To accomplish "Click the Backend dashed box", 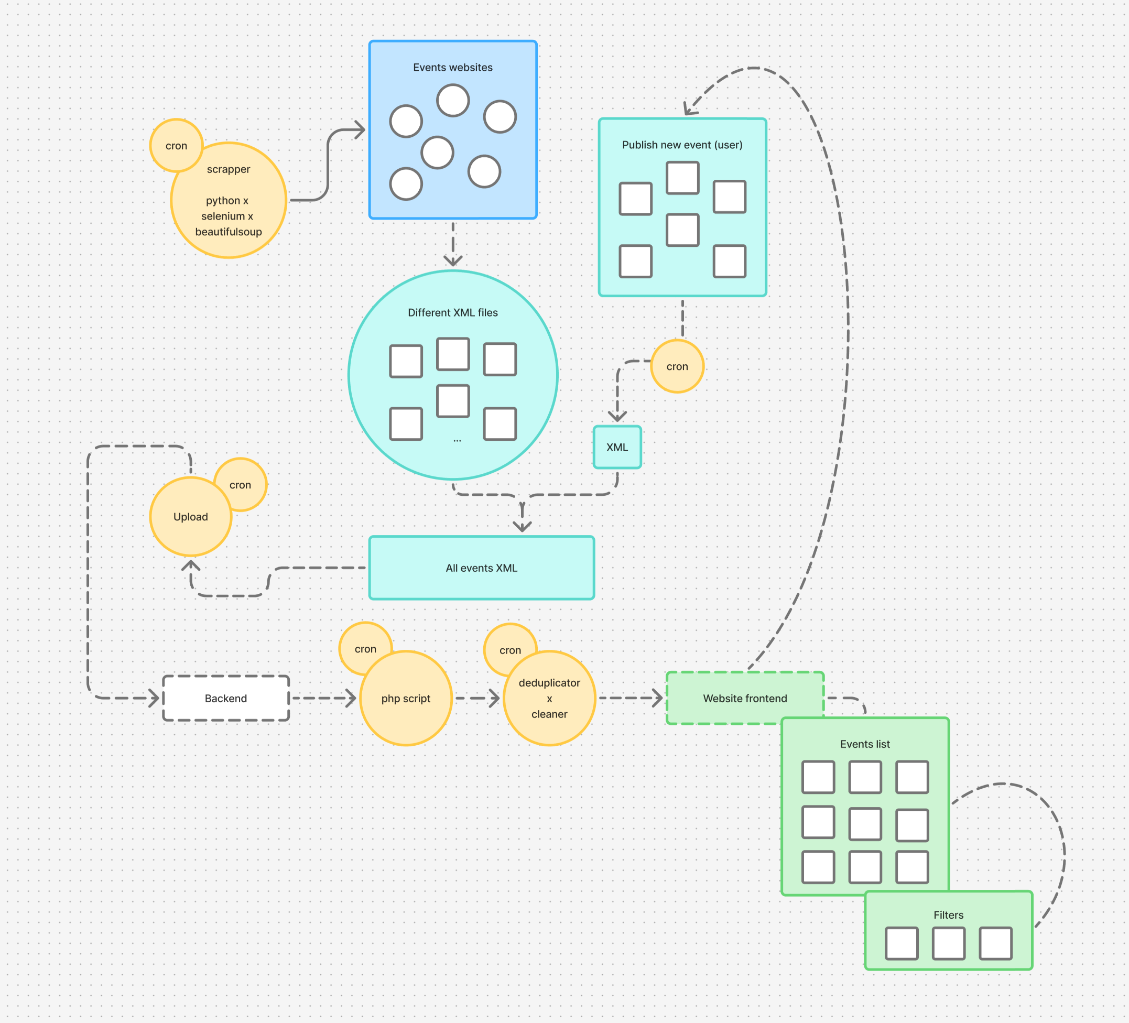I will (x=226, y=698).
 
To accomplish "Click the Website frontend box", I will (x=745, y=698).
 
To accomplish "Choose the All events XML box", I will (x=482, y=568).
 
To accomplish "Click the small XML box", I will (x=617, y=448).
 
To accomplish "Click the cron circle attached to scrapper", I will (x=176, y=145).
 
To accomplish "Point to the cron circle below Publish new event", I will (x=677, y=366).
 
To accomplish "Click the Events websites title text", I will (x=453, y=67).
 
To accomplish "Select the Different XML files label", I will (x=452, y=312).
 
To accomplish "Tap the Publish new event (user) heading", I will (x=682, y=145).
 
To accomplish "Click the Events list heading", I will (x=865, y=744).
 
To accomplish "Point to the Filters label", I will (x=948, y=915).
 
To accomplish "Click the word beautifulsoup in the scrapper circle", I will (x=229, y=232).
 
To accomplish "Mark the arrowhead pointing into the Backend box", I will (x=155, y=698).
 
